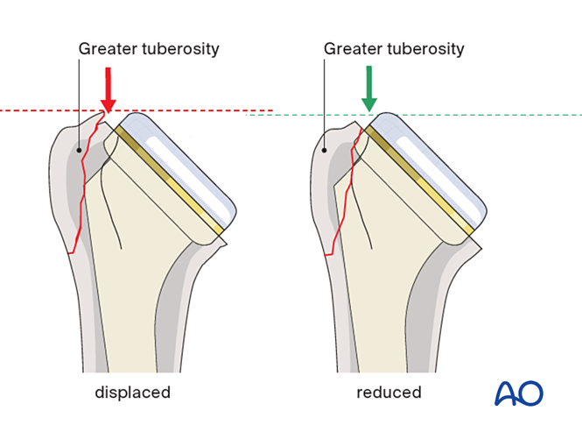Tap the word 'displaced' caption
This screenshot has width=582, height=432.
(x=132, y=393)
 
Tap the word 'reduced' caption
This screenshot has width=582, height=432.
(x=389, y=393)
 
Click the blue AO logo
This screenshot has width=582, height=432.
(x=518, y=393)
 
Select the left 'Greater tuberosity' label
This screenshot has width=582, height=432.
(x=149, y=49)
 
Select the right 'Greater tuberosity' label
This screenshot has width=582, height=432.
(x=394, y=49)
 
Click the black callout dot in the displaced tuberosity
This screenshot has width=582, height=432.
(x=80, y=150)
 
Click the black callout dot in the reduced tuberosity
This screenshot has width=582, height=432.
(x=325, y=150)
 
